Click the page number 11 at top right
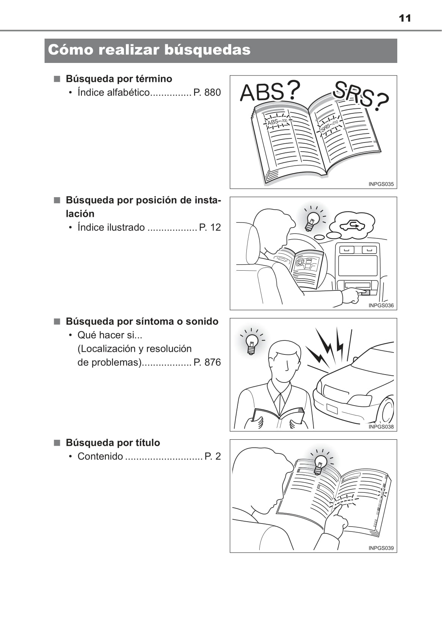405,19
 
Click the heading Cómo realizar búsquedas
149,50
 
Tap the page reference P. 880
207,92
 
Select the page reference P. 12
210,227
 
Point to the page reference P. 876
207,362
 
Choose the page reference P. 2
213,456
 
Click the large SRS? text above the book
361,95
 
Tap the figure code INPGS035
381,184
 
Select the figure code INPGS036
381,306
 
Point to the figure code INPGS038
381,426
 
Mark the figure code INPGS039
381,548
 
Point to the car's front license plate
332,409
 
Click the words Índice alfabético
114,92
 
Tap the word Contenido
100,456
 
